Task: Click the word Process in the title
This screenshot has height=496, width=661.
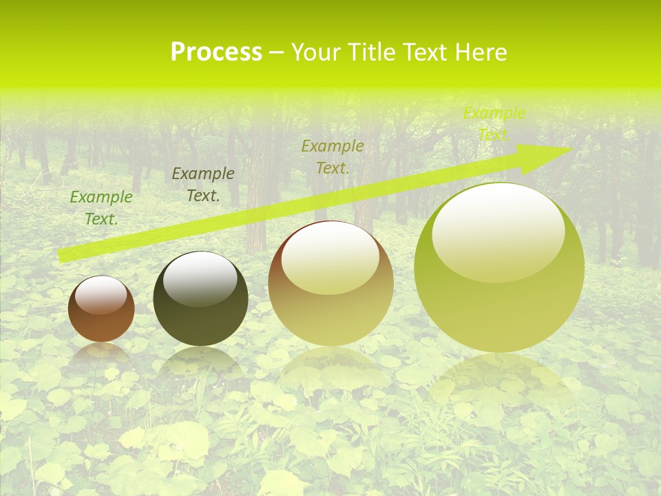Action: pos(216,52)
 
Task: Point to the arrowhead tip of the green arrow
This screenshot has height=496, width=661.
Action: pos(571,149)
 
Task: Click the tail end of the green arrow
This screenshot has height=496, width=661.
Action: pos(61,256)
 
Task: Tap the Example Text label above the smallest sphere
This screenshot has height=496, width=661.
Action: pos(101,207)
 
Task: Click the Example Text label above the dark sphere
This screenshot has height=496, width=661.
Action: pos(203,184)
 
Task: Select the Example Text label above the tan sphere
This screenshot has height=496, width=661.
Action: pos(333,156)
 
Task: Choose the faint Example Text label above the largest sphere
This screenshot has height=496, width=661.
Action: pos(494,123)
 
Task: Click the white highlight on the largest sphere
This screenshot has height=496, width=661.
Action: pos(499,231)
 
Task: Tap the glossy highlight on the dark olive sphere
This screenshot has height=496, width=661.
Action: pos(200,278)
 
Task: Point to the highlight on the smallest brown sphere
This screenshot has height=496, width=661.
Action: pos(101,296)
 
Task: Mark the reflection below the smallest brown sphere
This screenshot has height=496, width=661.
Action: pos(101,352)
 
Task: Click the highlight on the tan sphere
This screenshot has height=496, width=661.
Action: pos(330,258)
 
